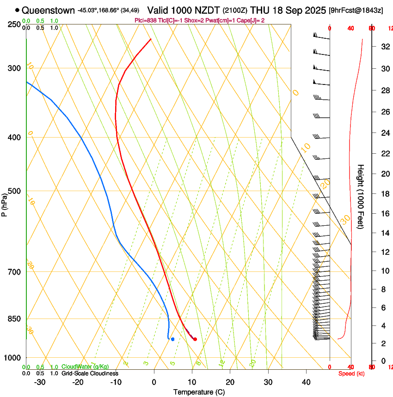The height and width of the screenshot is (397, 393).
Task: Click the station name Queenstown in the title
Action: click(48, 10)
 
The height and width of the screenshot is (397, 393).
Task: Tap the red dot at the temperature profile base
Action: click(195, 339)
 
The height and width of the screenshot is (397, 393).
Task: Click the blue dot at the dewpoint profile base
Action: click(172, 339)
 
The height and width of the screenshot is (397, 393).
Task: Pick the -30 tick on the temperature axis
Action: click(40, 382)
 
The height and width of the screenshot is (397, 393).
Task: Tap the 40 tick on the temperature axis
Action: click(306, 382)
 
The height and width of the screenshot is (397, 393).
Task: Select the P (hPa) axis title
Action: click(5, 205)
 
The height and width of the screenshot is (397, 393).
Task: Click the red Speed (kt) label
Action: click(350, 373)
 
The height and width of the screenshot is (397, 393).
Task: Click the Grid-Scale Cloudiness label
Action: click(90, 373)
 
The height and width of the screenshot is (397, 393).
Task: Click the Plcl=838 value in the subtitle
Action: click(145, 20)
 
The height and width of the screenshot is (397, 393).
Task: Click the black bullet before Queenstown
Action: click(18, 10)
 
